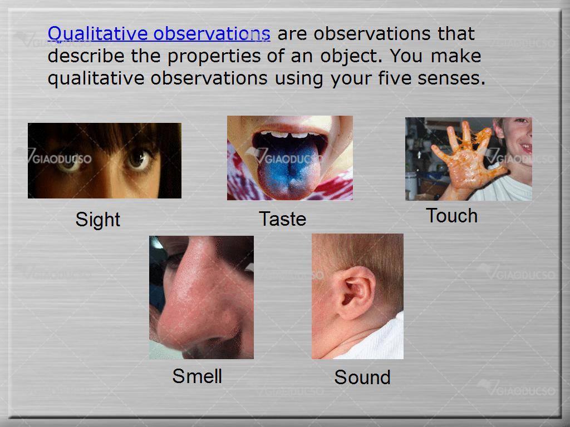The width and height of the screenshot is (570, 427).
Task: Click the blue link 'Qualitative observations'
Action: coord(159,34)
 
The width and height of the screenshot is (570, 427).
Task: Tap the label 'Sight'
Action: coord(98,220)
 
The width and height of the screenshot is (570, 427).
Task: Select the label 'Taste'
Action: coord(282,219)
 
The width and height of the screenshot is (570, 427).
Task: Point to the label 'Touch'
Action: coord(451,216)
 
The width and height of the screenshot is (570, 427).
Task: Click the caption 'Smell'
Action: coord(197,376)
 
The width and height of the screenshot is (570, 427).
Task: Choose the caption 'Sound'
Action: coord(362,378)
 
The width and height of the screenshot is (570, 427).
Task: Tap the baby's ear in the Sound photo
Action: coord(355,292)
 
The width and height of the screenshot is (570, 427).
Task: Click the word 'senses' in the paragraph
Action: coord(451,78)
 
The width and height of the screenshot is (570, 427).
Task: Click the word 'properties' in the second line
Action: coord(214,57)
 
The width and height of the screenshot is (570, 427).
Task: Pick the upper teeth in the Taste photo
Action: coord(289,135)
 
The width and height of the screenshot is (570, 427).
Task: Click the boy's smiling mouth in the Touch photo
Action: coord(525,148)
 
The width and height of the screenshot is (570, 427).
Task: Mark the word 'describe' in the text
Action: coord(86,56)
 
